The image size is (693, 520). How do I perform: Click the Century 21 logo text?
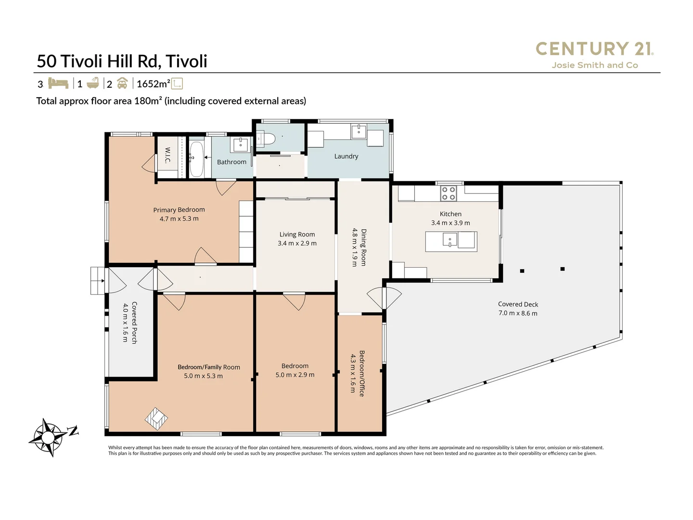[x=594, y=49]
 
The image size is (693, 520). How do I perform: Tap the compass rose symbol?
[x=49, y=437]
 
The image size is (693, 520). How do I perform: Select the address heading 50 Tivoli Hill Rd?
[x=122, y=61]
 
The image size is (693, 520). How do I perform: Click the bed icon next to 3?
[x=58, y=83]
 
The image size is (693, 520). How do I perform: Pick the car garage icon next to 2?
[x=122, y=83]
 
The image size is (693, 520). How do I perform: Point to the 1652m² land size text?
[x=153, y=84]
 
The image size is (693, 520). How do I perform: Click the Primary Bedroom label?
[x=179, y=210]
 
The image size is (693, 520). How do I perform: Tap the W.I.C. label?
[x=167, y=155]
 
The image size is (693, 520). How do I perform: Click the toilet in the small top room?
[x=267, y=139]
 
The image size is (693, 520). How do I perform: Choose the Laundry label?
[x=346, y=156]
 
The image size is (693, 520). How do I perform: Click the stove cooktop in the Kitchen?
[x=449, y=194]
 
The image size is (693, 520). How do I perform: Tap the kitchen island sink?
[x=449, y=239]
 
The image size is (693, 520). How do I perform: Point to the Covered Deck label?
[x=518, y=304]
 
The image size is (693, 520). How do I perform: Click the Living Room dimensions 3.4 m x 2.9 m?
[x=297, y=243]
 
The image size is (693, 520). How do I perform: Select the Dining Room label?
[x=364, y=247]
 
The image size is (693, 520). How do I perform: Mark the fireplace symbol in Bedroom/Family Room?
[x=156, y=418]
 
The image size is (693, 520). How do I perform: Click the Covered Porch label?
[x=134, y=323]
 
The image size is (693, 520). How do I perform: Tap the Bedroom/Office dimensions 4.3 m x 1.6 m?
[x=353, y=373]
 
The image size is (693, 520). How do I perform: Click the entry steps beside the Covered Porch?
[x=97, y=280]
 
